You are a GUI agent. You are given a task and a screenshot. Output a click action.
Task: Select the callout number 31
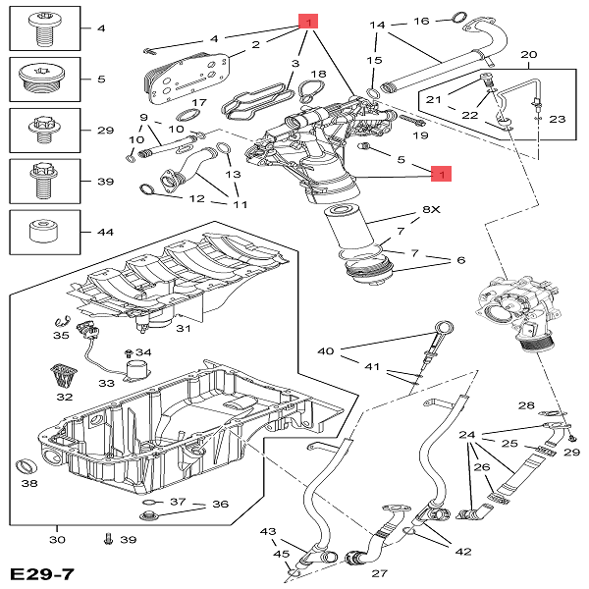[x=183, y=329]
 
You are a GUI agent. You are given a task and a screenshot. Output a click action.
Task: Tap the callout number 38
[x=29, y=483]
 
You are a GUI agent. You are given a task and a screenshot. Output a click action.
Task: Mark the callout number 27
[x=379, y=573]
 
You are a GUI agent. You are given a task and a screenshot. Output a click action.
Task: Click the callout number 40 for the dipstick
[x=326, y=350]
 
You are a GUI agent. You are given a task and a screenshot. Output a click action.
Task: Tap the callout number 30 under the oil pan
[x=56, y=540]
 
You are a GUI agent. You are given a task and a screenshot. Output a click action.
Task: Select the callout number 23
[x=558, y=119]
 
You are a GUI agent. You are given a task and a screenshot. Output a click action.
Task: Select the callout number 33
[x=106, y=383]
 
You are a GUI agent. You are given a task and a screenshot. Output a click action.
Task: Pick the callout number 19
[x=421, y=135]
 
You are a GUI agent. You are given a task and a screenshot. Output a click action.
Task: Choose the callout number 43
[x=268, y=531]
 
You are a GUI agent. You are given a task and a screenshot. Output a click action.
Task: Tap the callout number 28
[x=526, y=405]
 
